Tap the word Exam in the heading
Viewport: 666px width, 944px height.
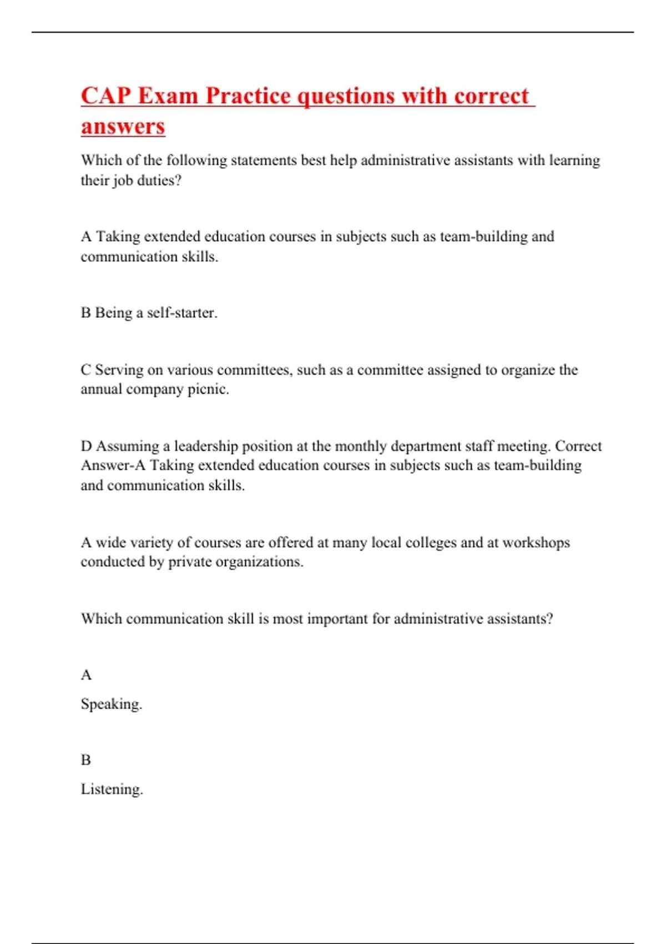[168, 96]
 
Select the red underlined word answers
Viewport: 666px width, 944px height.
[123, 126]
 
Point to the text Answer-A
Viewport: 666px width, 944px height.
[113, 465]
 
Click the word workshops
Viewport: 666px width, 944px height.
[536, 542]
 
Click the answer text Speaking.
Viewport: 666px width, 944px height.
[112, 704]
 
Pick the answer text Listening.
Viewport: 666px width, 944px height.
[112, 789]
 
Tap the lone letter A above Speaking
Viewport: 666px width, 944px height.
[86, 675]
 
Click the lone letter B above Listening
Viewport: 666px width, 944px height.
[86, 760]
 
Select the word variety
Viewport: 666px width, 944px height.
[153, 542]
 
